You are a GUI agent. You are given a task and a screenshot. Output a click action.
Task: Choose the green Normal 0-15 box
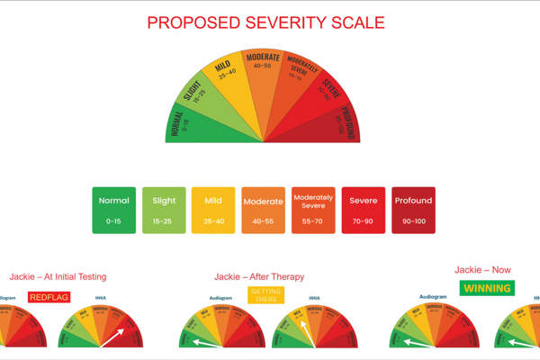point(113,210)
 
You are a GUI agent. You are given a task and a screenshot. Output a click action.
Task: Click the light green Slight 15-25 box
point(164,210)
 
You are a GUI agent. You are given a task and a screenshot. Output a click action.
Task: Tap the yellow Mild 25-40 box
point(213,210)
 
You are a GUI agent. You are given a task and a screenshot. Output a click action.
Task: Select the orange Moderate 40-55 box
point(264,210)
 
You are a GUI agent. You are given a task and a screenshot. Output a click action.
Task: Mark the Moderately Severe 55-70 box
point(313,210)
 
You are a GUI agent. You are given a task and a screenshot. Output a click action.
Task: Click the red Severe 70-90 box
point(363,210)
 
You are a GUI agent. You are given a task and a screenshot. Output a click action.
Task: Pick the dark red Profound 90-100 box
point(413,210)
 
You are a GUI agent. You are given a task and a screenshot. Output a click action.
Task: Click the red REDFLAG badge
point(48,297)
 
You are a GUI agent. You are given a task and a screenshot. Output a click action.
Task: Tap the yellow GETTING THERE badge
point(266,295)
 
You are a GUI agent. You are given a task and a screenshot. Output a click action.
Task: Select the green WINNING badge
point(487,288)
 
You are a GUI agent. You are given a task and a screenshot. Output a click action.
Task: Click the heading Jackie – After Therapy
point(259,276)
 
